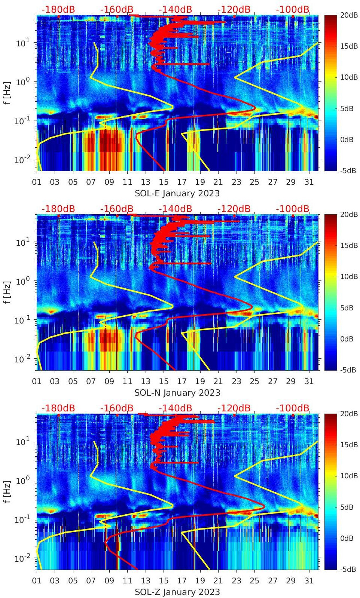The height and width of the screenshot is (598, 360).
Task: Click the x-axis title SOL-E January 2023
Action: (x=177, y=193)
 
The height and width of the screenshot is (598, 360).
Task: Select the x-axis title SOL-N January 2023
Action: (x=177, y=393)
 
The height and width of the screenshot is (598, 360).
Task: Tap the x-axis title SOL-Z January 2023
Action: (x=177, y=592)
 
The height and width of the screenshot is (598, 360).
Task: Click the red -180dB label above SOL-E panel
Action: (x=58, y=9)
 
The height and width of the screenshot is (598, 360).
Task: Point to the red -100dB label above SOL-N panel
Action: (x=293, y=209)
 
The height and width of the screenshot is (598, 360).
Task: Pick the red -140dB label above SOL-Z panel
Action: (x=175, y=408)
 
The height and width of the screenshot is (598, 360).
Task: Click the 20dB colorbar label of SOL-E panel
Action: (x=348, y=15)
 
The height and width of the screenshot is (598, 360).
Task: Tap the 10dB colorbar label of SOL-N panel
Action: (x=348, y=277)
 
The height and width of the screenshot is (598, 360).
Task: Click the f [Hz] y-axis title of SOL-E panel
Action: (x=7, y=93)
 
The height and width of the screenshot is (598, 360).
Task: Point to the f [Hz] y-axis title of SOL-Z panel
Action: (x=7, y=492)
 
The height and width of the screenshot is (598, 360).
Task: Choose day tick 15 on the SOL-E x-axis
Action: (x=164, y=182)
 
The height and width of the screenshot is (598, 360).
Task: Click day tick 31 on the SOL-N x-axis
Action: (x=309, y=381)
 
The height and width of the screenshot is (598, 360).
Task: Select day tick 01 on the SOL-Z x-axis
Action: (x=37, y=581)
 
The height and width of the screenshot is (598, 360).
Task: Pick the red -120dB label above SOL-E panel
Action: (x=234, y=9)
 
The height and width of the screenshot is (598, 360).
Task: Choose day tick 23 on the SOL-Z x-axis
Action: (x=236, y=581)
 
